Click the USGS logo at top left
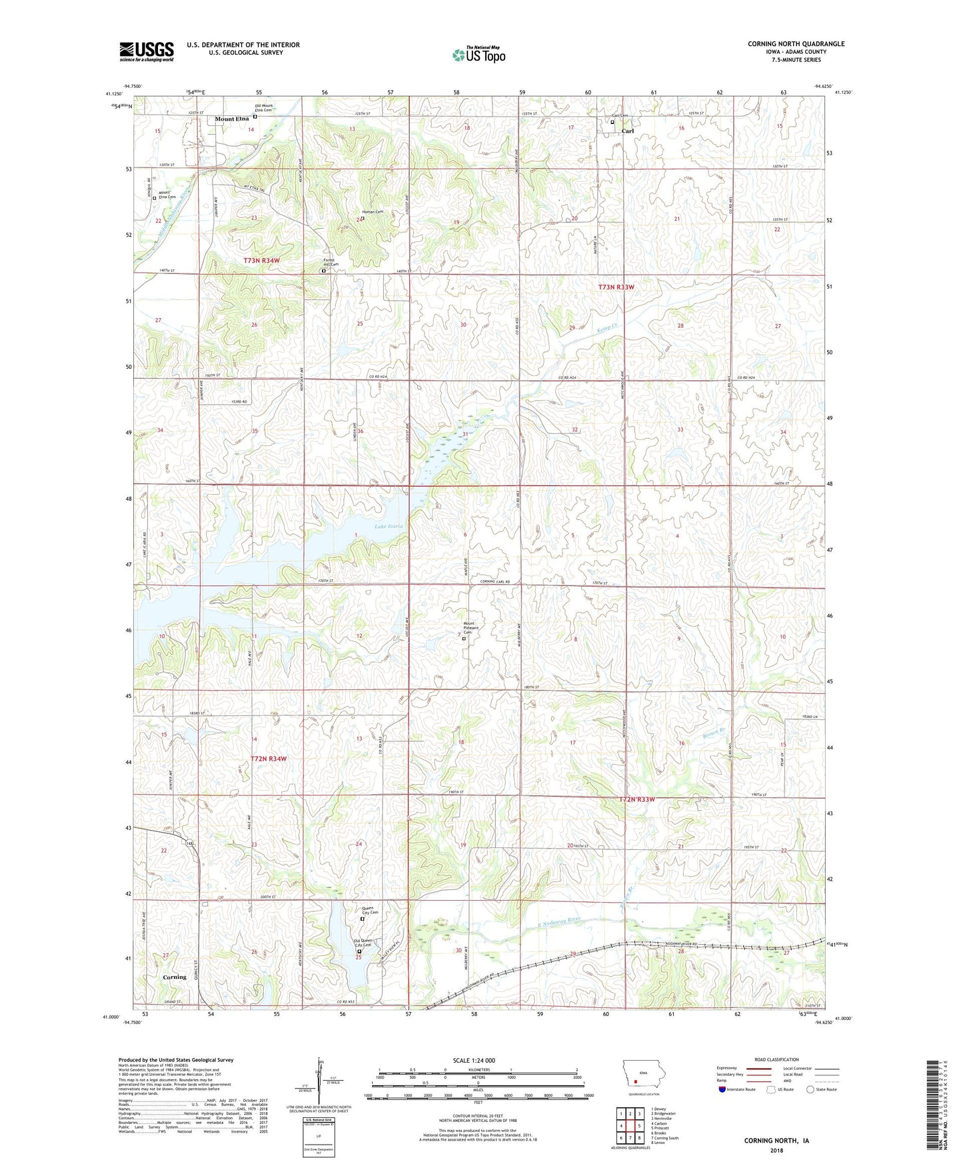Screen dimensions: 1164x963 (x=147, y=51)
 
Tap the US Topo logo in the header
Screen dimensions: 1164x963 (x=479, y=55)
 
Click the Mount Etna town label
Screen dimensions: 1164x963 (x=231, y=119)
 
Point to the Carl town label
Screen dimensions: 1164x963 (x=627, y=131)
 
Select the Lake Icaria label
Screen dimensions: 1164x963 (x=389, y=527)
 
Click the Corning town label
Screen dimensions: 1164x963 (x=175, y=977)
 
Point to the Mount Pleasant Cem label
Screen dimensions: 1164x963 (x=472, y=629)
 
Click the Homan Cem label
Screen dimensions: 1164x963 (x=373, y=212)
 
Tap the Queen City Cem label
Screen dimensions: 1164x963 (x=370, y=911)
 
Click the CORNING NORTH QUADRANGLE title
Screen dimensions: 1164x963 (x=796, y=44)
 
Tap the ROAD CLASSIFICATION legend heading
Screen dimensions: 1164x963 (x=777, y=1059)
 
